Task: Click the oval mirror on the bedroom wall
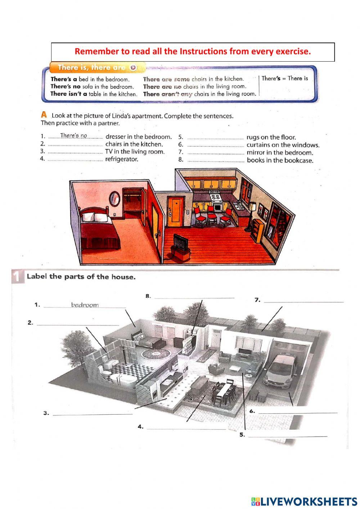[115, 198]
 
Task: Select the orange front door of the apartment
[175, 212]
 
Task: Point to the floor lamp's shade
[253, 206]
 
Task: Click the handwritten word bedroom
[85, 305]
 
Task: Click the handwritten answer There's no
[73, 136]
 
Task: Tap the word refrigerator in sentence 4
[122, 159]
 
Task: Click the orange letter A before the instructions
[44, 115]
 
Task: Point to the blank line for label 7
[304, 302]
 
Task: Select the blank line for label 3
[93, 415]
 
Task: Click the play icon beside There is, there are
[134, 67]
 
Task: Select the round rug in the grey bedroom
[156, 354]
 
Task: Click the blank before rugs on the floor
[216, 139]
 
